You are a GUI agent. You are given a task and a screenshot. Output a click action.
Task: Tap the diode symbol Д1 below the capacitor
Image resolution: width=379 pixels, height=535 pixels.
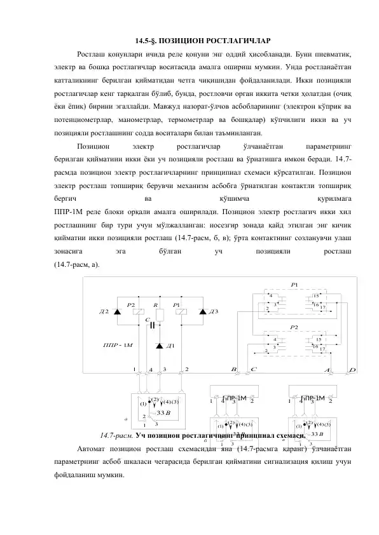[158, 346]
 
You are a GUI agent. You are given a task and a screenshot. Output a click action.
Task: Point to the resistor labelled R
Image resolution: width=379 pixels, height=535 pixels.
[160, 313]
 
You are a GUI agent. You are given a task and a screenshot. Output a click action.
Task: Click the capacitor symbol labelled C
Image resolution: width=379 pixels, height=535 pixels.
[153, 325]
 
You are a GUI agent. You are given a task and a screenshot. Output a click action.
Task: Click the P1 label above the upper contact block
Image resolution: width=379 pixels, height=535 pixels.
[294, 284]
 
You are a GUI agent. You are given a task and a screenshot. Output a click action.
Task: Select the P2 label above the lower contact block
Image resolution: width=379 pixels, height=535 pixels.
[294, 327]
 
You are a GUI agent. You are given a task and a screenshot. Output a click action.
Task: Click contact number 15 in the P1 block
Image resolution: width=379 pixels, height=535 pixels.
[315, 296]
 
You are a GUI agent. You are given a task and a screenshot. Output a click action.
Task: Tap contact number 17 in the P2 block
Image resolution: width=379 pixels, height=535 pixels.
[323, 349]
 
